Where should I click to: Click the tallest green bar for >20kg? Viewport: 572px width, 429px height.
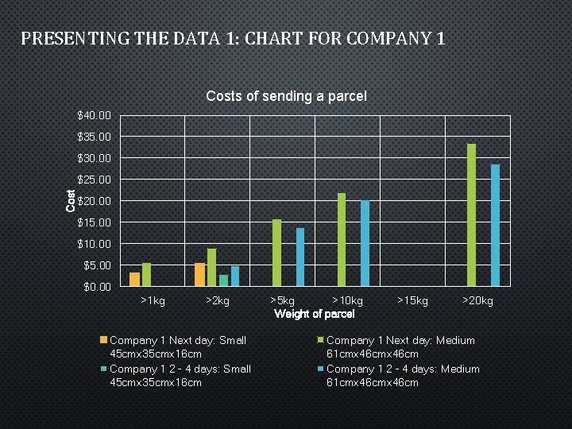471,214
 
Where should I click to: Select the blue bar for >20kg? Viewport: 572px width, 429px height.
495,225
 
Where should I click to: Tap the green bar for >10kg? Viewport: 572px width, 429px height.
342,239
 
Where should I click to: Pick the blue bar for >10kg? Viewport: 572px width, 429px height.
365,243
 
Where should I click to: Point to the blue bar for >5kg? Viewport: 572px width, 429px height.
300,257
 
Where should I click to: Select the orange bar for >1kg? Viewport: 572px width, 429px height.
134,279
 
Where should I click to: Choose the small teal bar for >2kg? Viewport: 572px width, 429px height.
223,280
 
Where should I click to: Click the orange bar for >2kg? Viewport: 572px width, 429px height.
199,274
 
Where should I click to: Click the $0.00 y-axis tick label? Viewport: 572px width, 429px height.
99,287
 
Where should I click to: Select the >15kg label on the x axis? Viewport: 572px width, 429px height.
412,300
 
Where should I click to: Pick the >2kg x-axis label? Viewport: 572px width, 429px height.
218,300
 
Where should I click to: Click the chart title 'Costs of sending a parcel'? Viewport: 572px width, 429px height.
286,96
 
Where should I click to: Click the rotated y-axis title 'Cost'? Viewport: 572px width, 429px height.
71,200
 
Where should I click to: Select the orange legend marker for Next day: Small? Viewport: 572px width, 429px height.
103,340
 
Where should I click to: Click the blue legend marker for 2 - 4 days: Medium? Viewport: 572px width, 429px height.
320,369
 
